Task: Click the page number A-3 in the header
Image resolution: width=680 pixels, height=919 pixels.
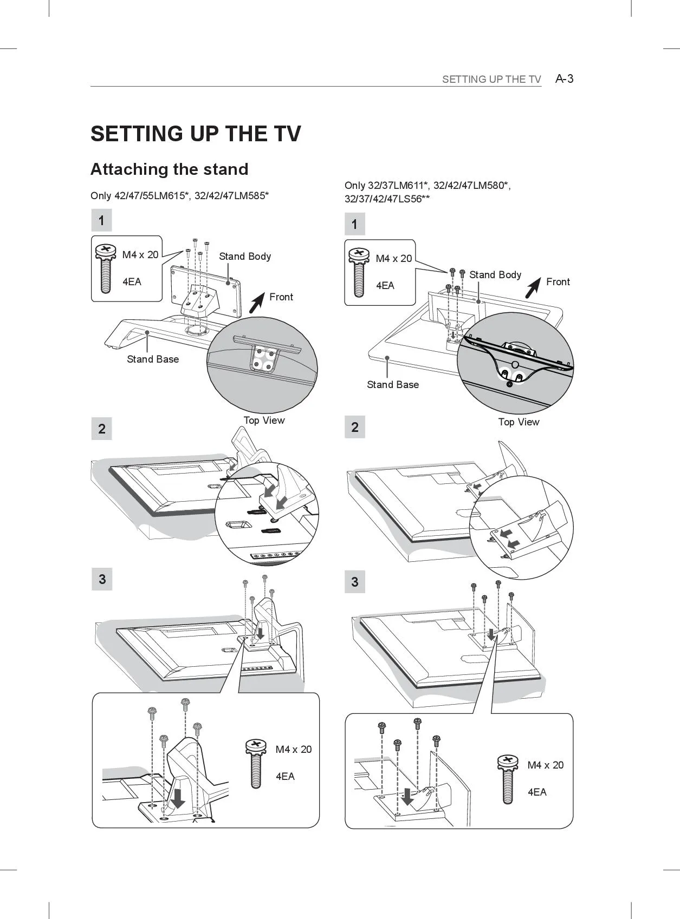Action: click(564, 79)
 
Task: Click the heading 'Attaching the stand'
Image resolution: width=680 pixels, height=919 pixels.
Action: click(169, 169)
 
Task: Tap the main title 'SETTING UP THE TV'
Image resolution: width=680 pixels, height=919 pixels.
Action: click(196, 134)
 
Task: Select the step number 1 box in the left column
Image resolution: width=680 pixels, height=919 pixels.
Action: click(101, 221)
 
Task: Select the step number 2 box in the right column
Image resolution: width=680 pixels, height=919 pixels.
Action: click(355, 427)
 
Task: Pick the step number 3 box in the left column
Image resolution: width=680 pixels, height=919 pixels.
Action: click(102, 580)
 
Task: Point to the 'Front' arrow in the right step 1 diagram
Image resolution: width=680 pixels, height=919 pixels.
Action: click(534, 287)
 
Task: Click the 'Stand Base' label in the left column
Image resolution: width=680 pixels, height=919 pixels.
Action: click(153, 359)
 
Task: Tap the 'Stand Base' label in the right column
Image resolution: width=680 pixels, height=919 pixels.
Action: click(393, 385)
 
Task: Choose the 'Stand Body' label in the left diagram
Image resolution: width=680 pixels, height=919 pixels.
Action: click(245, 257)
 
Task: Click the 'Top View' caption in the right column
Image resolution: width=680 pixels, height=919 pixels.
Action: click(519, 422)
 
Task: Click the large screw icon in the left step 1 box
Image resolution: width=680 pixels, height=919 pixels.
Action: click(106, 268)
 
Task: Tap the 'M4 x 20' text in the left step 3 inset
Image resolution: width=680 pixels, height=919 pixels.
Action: click(294, 750)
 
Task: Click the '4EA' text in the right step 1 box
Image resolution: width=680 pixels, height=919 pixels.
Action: click(385, 286)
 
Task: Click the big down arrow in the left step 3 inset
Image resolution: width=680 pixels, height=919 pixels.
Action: click(178, 798)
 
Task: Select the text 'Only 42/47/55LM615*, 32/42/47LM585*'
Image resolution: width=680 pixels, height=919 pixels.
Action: click(179, 195)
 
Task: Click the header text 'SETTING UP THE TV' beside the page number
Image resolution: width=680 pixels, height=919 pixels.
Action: click(491, 80)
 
